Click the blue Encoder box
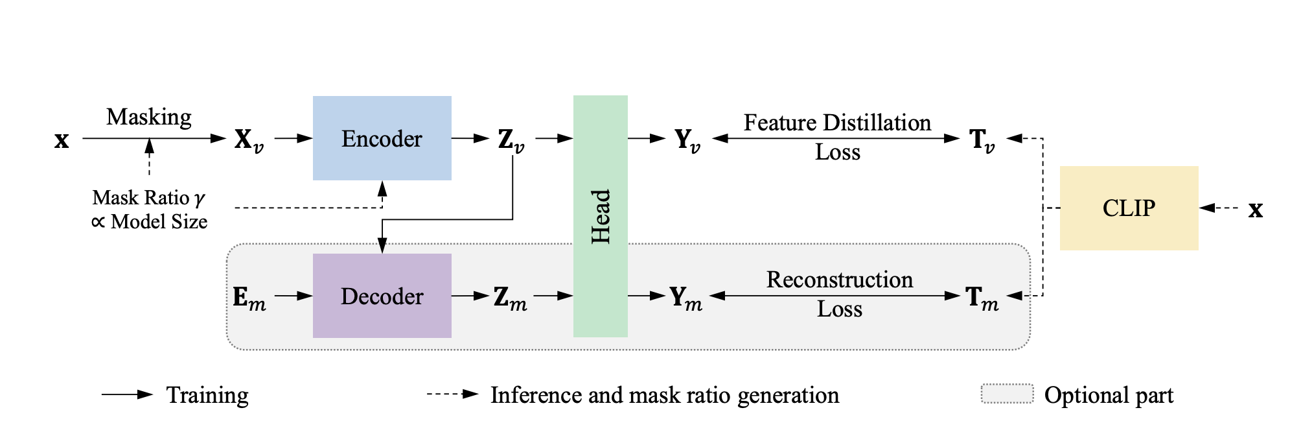[382, 138]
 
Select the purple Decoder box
[382, 296]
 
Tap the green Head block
[600, 216]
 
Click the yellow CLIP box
[1129, 208]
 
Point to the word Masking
[149, 117]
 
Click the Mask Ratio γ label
[148, 197]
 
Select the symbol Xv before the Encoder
[249, 139]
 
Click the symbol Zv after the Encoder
[511, 139]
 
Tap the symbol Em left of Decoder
[249, 298]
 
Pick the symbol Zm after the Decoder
[510, 298]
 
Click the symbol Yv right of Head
[687, 139]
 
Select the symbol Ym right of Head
[685, 298]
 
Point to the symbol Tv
[982, 139]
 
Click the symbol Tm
[982, 298]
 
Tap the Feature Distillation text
[837, 123]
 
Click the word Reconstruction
[840, 280]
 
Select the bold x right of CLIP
[1256, 210]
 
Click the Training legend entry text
[207, 395]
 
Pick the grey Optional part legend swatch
[1007, 394]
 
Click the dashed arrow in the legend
[452, 394]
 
